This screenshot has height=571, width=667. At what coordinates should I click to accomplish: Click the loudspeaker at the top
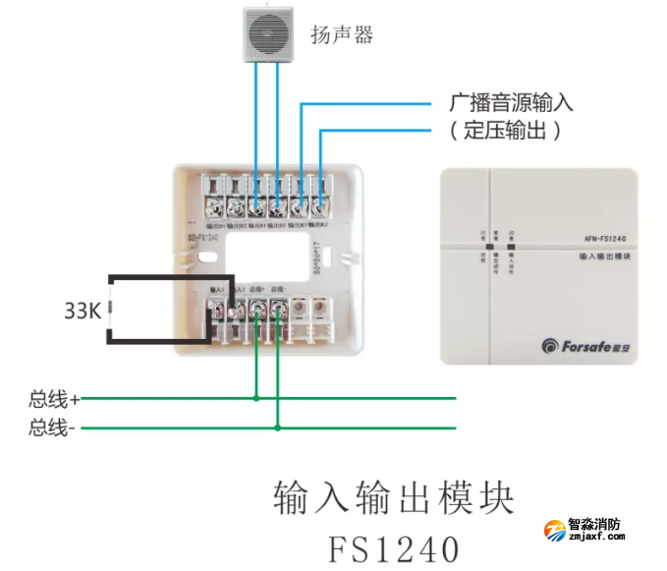point(268,33)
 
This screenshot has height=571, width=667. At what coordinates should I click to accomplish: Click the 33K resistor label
point(83,312)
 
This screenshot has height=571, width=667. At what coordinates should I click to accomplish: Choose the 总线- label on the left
point(52,428)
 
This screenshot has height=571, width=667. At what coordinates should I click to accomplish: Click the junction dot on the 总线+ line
point(256,399)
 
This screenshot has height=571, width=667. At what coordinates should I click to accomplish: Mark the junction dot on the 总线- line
point(278,428)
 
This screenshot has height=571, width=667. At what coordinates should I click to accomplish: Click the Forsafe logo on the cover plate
point(583,344)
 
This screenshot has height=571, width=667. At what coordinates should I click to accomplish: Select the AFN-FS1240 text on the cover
point(598,239)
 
